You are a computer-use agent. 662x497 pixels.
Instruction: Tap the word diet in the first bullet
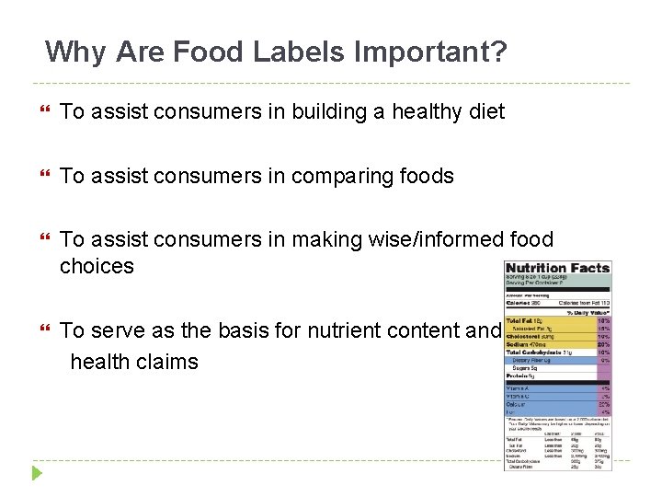(487, 112)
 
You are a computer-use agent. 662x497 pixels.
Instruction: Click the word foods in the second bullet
(427, 176)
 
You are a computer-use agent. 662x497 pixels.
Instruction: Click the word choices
(97, 267)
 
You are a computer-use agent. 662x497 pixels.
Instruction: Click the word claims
(168, 362)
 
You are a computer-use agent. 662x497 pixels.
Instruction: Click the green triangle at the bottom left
(37, 474)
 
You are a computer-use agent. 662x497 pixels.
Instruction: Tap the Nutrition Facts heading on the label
(558, 269)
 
